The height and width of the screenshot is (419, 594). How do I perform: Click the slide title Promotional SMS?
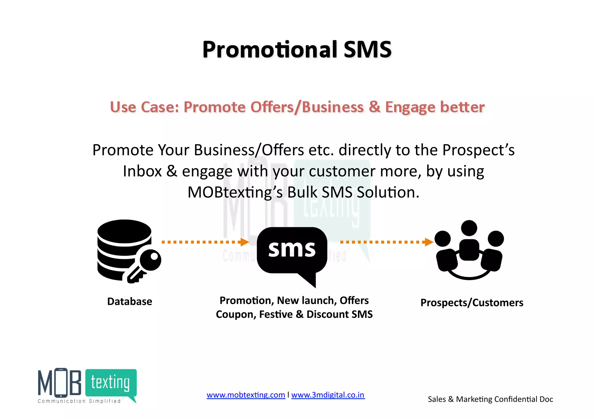297,50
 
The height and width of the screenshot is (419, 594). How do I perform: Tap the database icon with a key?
128,250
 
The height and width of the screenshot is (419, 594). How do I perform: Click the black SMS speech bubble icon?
292,252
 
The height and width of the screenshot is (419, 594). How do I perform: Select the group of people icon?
469,250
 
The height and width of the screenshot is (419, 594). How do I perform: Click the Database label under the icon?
130,301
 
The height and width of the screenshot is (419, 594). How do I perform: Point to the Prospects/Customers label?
472,303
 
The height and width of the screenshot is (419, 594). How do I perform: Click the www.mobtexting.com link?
246,395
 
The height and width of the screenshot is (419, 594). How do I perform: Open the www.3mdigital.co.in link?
328,395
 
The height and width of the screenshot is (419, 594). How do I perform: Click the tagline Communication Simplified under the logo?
79,401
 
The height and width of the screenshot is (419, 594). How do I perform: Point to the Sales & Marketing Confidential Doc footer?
490,399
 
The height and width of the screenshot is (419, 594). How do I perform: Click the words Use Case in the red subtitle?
144,107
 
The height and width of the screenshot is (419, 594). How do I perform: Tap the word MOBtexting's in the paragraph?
235,192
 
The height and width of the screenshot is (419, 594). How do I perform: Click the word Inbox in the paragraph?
142,171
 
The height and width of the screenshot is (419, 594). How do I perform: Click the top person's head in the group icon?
469,228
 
